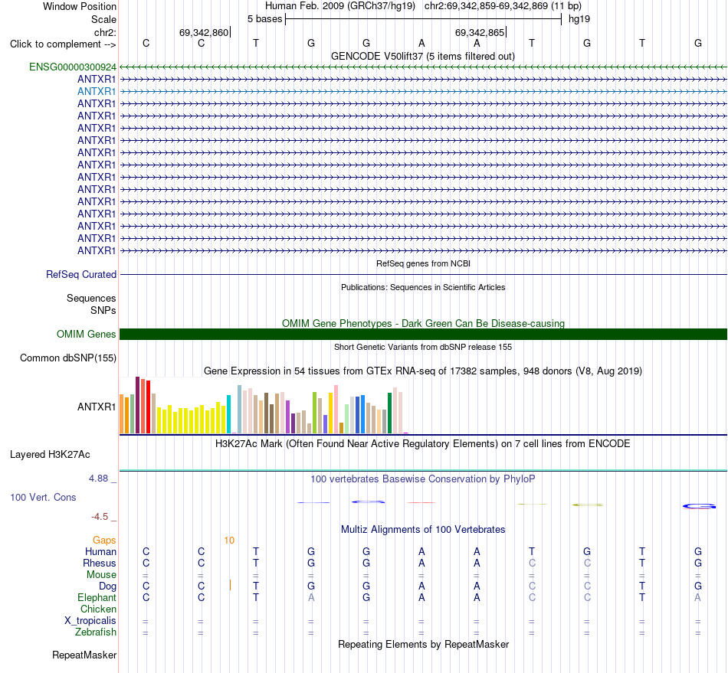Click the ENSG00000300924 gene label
pyautogui.click(x=73, y=67)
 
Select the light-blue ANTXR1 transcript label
pyautogui.click(x=97, y=91)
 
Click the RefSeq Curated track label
pyautogui.click(x=81, y=274)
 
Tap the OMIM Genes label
pyautogui.click(x=87, y=334)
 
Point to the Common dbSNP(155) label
pyautogui.click(x=68, y=358)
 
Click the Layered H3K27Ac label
pyautogui.click(x=50, y=455)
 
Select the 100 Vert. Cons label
pyautogui.click(x=43, y=497)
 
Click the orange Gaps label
pyautogui.click(x=104, y=540)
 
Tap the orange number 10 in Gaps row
pyautogui.click(x=229, y=540)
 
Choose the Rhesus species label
pyautogui.click(x=100, y=563)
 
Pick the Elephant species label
pyautogui.click(x=97, y=597)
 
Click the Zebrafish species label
pyautogui.click(x=96, y=632)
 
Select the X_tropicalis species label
pyautogui.click(x=90, y=621)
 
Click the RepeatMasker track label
pyautogui.click(x=84, y=655)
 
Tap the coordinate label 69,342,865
pyautogui.click(x=480, y=32)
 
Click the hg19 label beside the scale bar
pyautogui.click(x=579, y=19)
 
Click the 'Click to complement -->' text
pyautogui.click(x=63, y=44)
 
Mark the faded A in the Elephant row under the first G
pyautogui.click(x=311, y=597)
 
